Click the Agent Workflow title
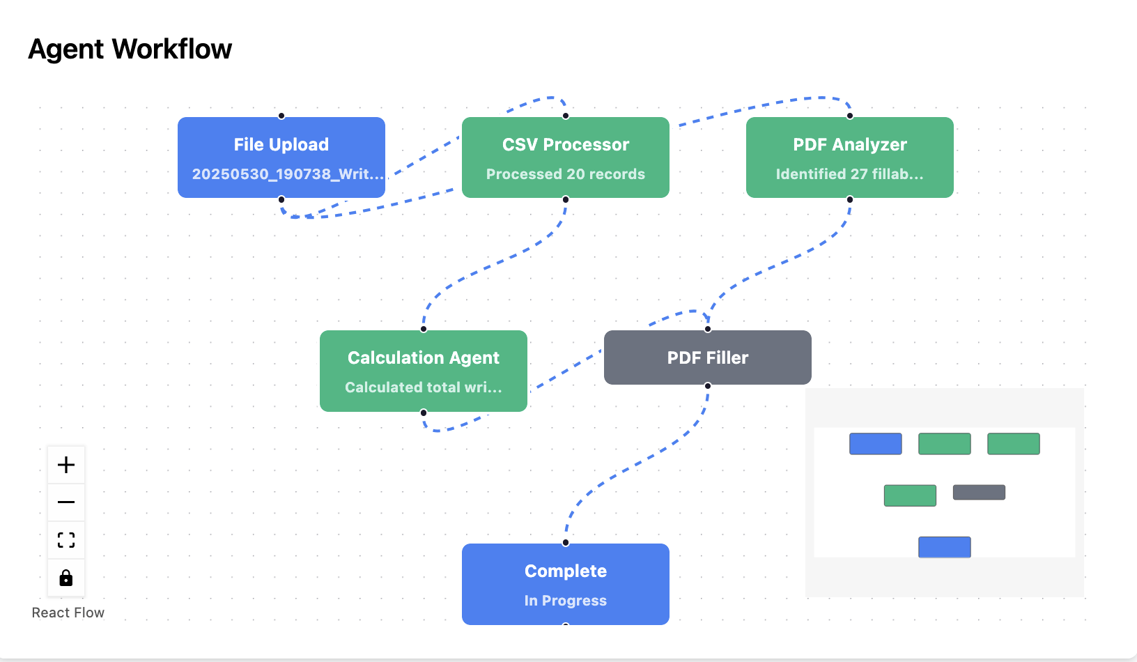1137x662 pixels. coord(130,49)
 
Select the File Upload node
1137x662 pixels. coord(281,157)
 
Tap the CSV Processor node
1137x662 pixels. coord(566,157)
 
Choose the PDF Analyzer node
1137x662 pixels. coord(850,157)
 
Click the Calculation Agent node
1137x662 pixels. coord(424,371)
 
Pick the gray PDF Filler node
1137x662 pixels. coord(708,357)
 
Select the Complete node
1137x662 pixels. coord(566,585)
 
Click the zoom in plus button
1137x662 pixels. coord(66,465)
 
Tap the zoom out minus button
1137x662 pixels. coord(66,502)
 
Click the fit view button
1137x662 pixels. coord(66,539)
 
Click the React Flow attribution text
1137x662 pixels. coord(68,613)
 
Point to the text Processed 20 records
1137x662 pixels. coord(566,174)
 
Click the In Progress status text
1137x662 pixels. coord(566,601)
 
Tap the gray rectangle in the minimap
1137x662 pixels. coord(979,493)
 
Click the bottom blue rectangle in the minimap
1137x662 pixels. coord(945,547)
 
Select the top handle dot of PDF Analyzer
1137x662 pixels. coord(850,116)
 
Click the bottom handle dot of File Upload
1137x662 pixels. coord(281,199)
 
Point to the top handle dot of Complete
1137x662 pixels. coord(566,543)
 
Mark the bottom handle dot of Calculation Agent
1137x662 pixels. coord(424,413)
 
